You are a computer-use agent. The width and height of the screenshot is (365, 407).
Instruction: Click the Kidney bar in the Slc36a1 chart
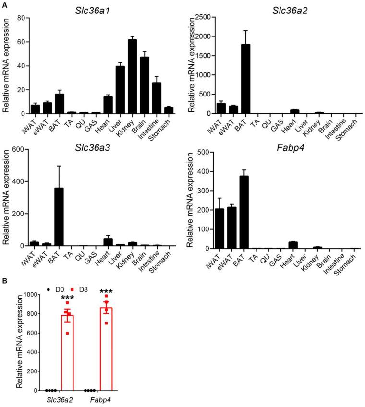(132, 77)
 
